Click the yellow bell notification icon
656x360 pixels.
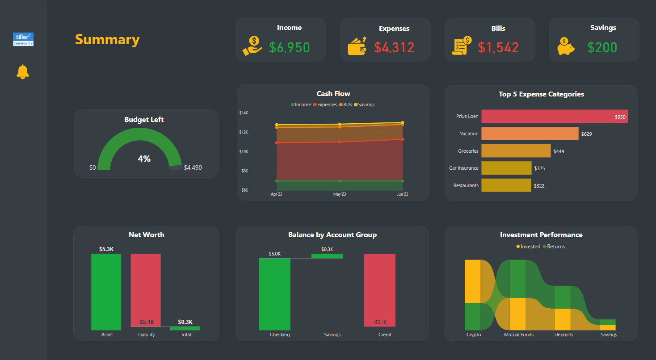pos(23,72)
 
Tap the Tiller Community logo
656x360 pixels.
pos(23,39)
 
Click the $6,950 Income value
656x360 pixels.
pos(289,47)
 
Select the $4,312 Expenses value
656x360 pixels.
pos(394,47)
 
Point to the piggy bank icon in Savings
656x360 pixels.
pos(566,46)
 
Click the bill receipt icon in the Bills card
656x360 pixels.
pos(462,46)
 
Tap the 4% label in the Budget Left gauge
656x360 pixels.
pos(144,159)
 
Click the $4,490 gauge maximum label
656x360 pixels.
pos(193,168)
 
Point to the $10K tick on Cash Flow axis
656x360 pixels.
pos(244,152)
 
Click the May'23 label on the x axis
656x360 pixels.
pos(340,194)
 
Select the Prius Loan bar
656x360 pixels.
pos(554,116)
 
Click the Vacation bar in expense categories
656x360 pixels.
pos(530,134)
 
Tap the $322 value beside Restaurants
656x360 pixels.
pos(539,186)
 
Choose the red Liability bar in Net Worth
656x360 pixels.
pos(146,290)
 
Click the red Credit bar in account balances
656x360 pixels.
pos(379,290)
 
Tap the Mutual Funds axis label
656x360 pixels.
pos(518,335)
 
